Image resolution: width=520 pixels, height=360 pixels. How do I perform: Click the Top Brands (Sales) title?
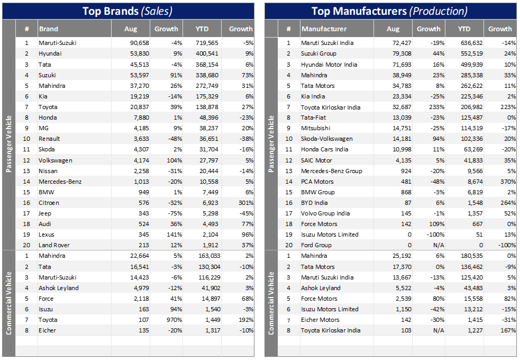click(127, 11)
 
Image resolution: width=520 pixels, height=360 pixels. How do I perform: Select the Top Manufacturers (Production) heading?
click(389, 11)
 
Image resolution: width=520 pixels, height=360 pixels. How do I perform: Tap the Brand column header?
click(49, 29)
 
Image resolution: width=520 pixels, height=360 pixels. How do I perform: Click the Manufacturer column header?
click(324, 29)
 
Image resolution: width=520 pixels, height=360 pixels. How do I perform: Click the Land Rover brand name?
click(54, 245)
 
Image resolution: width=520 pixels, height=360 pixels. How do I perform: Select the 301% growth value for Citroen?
click(245, 203)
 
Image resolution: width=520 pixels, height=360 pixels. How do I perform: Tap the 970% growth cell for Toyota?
click(172, 320)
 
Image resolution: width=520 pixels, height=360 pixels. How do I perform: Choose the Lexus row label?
click(47, 235)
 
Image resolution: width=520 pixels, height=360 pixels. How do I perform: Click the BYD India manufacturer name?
click(314, 203)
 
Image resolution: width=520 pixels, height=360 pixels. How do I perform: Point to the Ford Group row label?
click(316, 245)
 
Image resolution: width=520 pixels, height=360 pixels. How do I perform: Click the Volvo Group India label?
click(325, 213)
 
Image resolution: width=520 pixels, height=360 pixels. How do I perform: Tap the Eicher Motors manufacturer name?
click(320, 320)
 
